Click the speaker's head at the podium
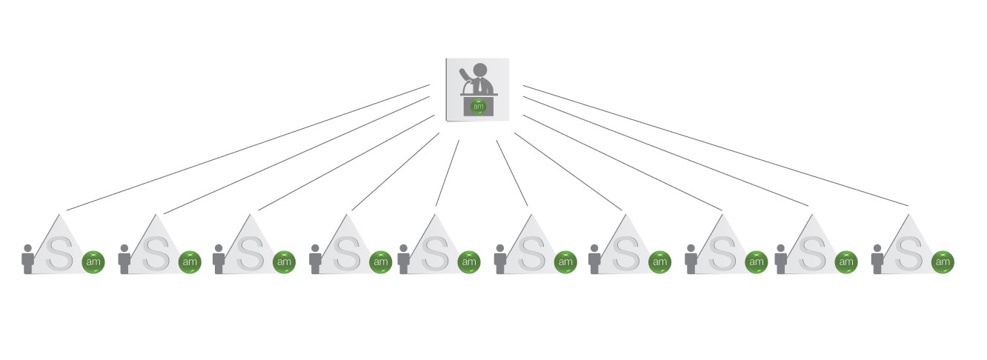tap(480, 70)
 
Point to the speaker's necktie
tap(480, 86)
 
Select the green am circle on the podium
tap(479, 106)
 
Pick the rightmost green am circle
tap(943, 261)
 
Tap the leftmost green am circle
tap(93, 261)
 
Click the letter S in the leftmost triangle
tap(60, 253)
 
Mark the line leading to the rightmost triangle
tap(715, 145)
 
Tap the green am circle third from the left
tap(284, 261)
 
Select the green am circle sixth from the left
tap(565, 261)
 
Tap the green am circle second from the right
tap(845, 261)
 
